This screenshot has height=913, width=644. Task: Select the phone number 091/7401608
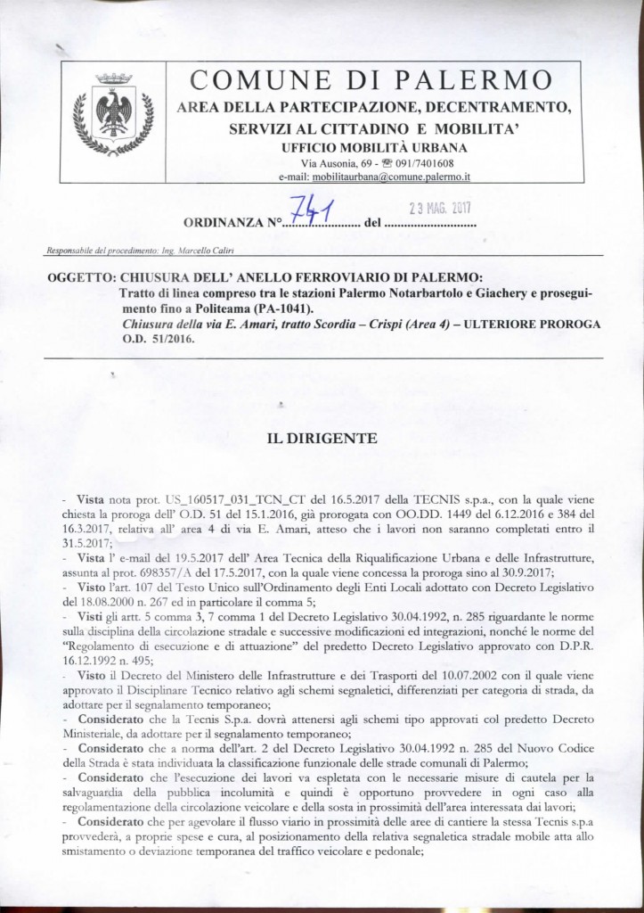tap(426, 164)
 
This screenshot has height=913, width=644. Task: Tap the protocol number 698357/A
tap(244, 568)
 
